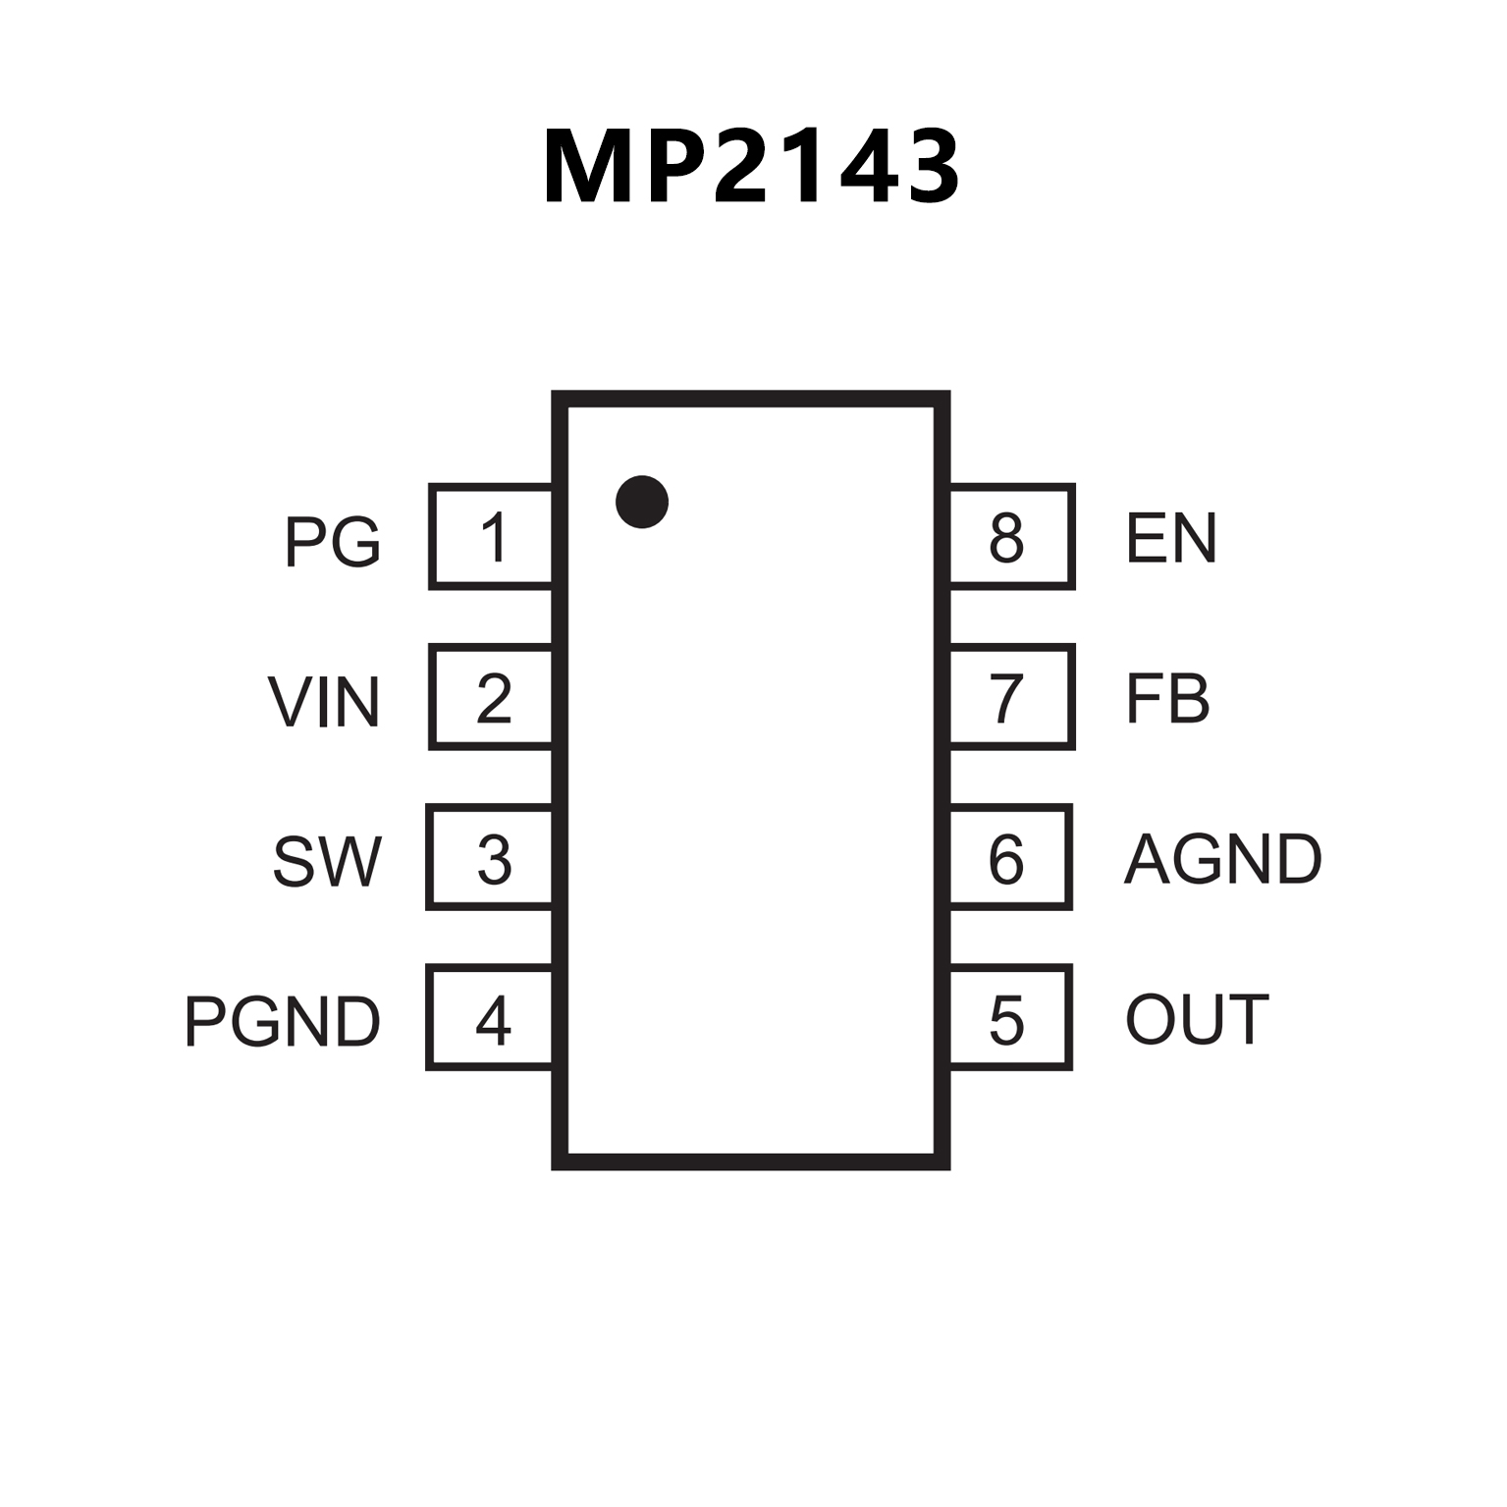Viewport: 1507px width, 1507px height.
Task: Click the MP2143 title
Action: pyautogui.click(x=751, y=167)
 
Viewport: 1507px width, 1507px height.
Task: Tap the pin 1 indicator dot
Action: pyautogui.click(x=642, y=502)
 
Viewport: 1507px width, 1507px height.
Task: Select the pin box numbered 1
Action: pyautogui.click(x=491, y=537)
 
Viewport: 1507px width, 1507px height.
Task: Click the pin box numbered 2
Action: pyautogui.click(x=491, y=697)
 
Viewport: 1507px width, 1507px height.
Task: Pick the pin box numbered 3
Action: pyautogui.click(x=490, y=857)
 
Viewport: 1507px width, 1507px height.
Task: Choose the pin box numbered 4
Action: pyautogui.click(x=490, y=1017)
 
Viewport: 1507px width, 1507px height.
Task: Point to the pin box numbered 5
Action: pyautogui.click(x=1010, y=1017)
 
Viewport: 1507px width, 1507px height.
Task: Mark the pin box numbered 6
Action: pyautogui.click(x=1010, y=857)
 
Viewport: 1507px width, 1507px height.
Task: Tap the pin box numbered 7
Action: pyautogui.click(x=1011, y=697)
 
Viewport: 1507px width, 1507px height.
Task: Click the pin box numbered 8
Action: pyautogui.click(x=1011, y=537)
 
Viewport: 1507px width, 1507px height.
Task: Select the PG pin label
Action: pyautogui.click(x=332, y=541)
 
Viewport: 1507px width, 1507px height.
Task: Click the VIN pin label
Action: pyautogui.click(x=323, y=702)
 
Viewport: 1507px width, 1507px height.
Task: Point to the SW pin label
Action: pyautogui.click(x=326, y=862)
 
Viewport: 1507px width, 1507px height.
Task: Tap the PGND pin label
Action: pyautogui.click(x=282, y=1022)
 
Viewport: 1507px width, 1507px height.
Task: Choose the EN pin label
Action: pyautogui.click(x=1171, y=537)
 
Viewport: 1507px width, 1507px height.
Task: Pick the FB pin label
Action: pyautogui.click(x=1166, y=698)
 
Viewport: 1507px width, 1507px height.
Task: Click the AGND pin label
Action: pyautogui.click(x=1222, y=859)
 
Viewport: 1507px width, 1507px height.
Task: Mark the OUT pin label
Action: pyautogui.click(x=1197, y=1019)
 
